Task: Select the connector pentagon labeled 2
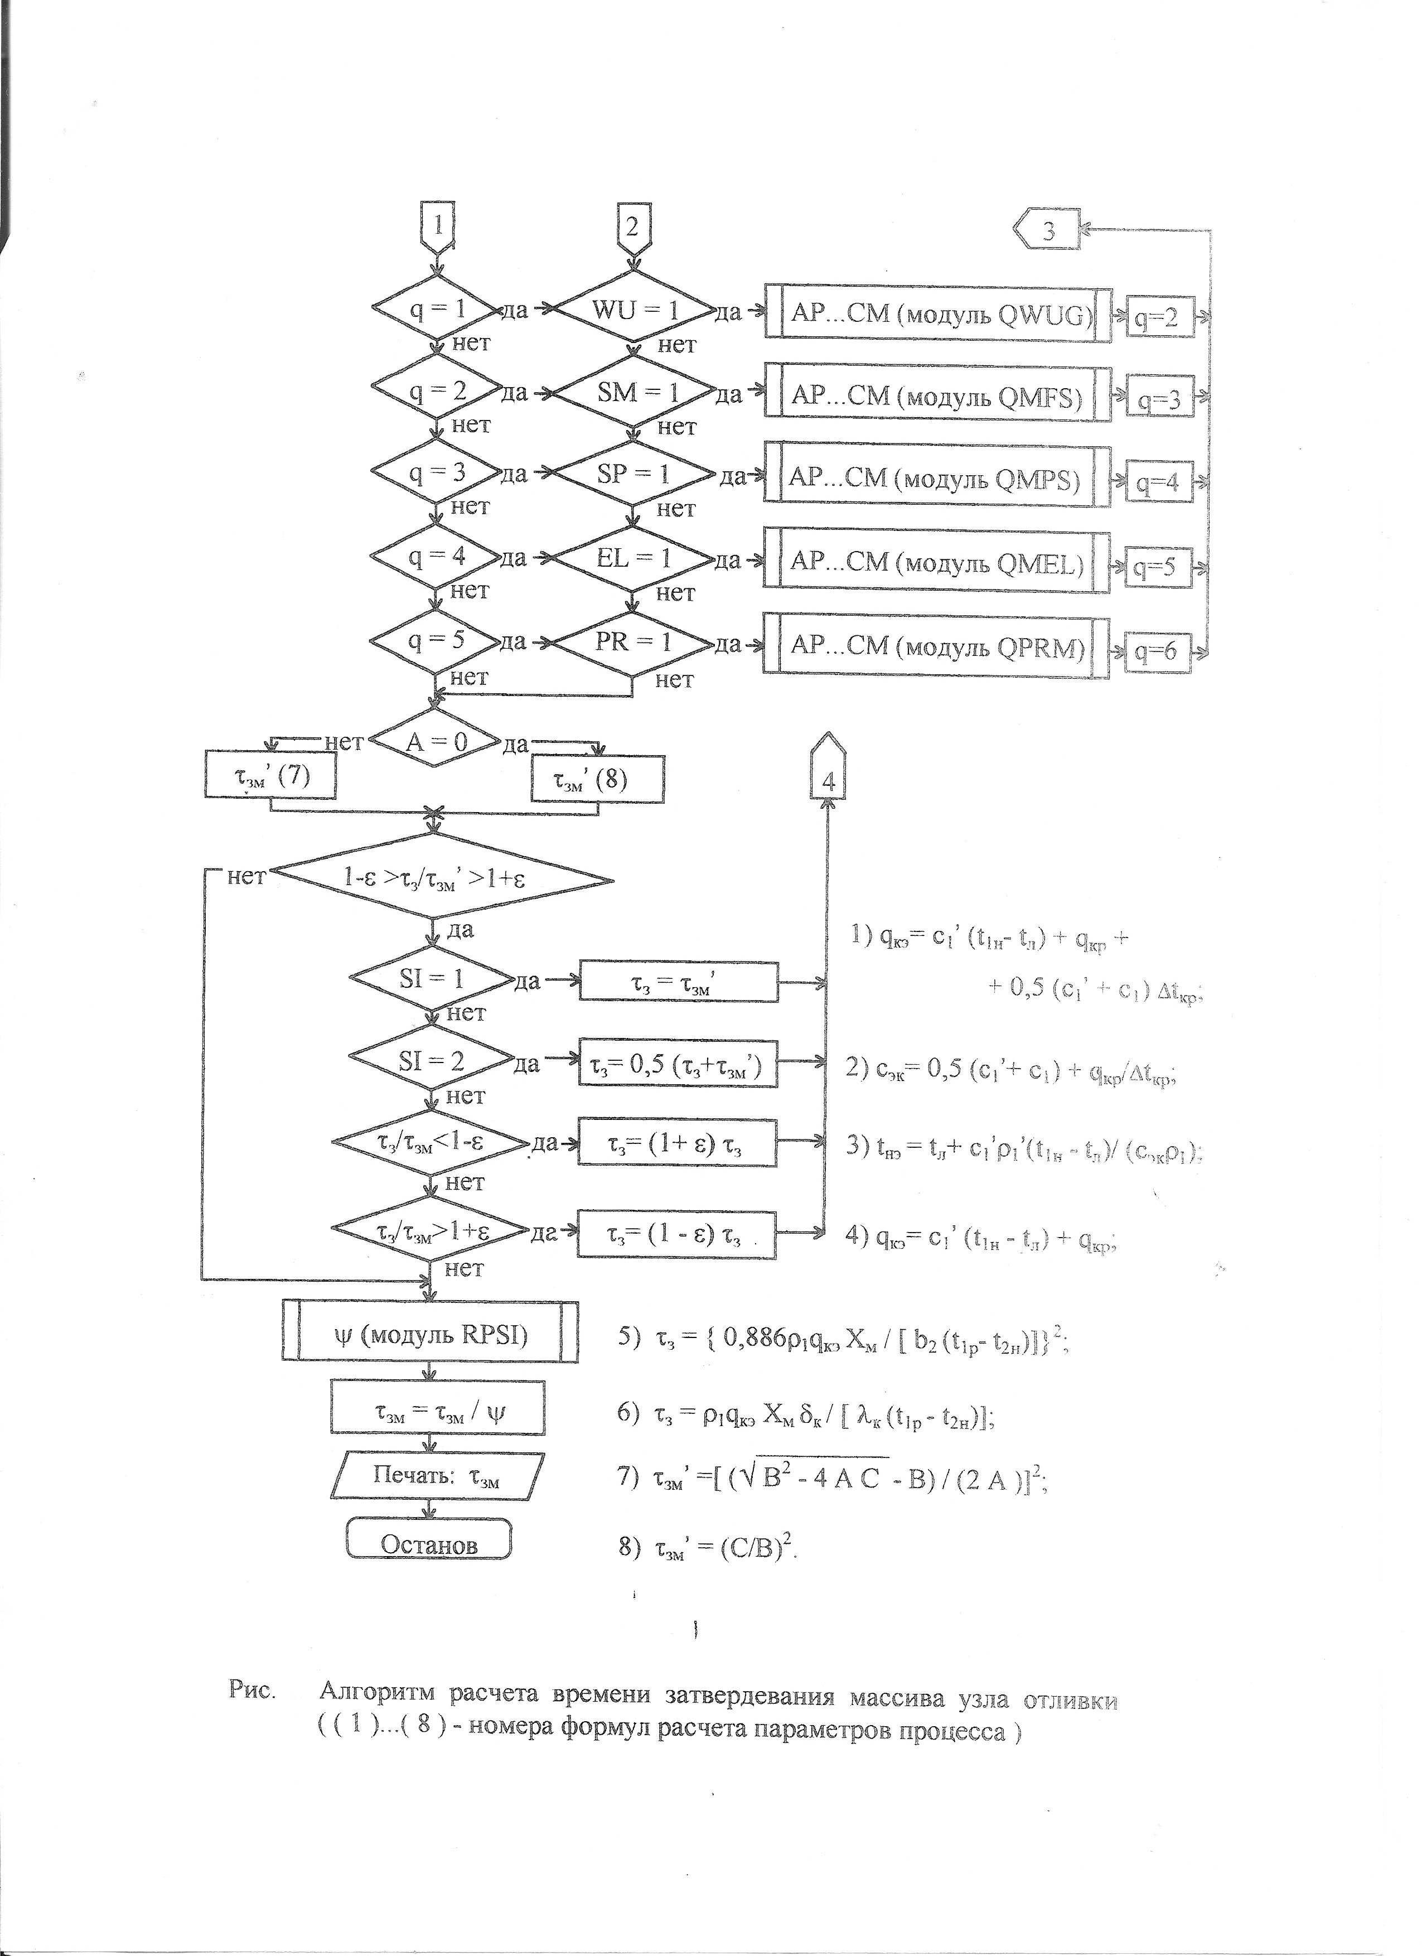pyautogui.click(x=633, y=227)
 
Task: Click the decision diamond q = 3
pyautogui.click(x=436, y=472)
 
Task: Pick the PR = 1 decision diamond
pyautogui.click(x=633, y=643)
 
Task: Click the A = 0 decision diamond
pyautogui.click(x=436, y=742)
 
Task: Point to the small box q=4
pyautogui.click(x=1158, y=484)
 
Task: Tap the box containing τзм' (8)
pyautogui.click(x=597, y=780)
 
